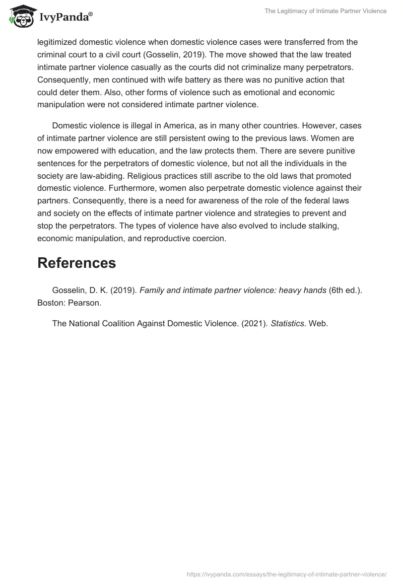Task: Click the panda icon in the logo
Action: coord(19,17)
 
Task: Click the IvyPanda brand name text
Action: coord(65,18)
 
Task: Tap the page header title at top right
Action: coord(325,11)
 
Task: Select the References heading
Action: coord(77,263)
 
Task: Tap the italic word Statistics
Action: coord(287,324)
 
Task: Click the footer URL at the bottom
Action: coord(286,573)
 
